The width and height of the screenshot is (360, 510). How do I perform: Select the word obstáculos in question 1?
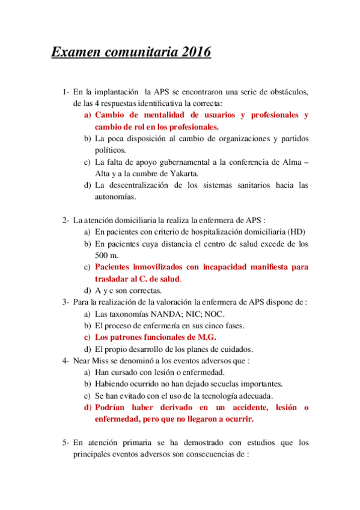(x=286, y=92)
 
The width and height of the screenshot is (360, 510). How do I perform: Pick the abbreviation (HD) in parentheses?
(x=296, y=232)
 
